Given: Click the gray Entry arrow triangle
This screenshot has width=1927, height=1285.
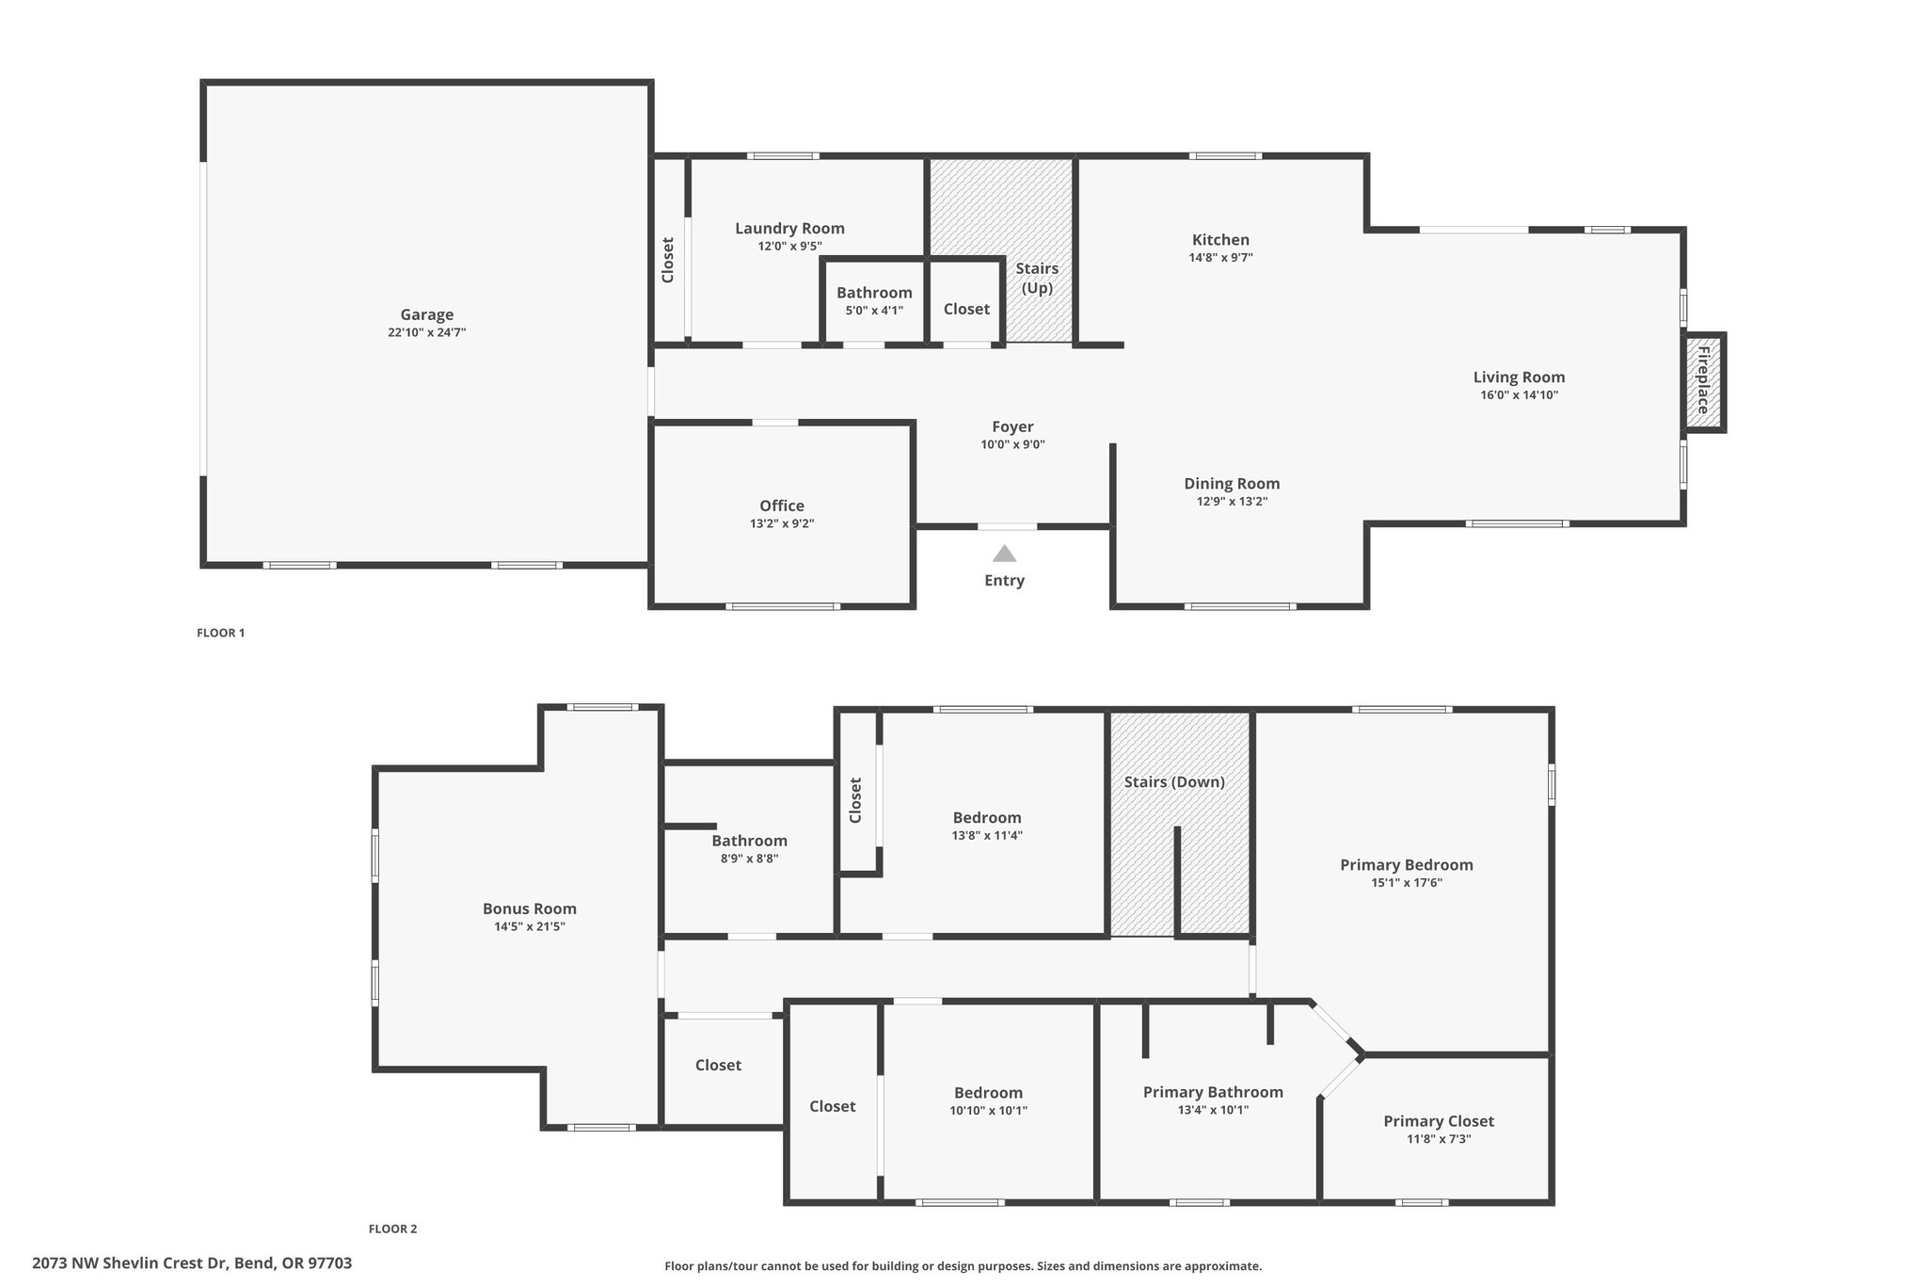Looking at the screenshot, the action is coord(1004,554).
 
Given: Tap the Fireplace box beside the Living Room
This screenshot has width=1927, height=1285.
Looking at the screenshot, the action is coord(1704,381).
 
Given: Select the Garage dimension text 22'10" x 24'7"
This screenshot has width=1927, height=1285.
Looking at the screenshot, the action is coord(426,332).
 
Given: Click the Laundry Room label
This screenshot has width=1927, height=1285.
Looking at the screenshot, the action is coord(789,228).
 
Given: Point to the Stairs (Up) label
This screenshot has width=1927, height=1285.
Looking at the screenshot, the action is coord(1037,278).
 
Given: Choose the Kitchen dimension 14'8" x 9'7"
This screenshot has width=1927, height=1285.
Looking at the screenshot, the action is coord(1220,257).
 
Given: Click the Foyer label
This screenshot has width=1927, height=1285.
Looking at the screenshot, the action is coord(1012,426).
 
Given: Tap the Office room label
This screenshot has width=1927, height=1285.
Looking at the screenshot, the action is coord(782,506).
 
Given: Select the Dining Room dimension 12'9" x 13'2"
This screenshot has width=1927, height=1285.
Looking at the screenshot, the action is coord(1232,502).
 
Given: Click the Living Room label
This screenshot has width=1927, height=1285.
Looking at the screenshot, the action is coord(1519,377).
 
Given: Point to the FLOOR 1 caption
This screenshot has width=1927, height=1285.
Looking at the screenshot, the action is coord(220,633).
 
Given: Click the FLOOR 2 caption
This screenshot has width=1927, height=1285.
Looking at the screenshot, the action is coord(392,1229).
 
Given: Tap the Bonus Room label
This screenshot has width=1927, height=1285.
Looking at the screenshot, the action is coord(529,908).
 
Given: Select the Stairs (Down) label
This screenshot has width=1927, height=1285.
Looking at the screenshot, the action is coord(1174,782).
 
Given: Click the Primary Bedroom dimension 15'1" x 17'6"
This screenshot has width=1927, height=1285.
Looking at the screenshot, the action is coord(1407,883).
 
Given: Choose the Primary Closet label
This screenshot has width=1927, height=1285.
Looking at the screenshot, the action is coord(1439,1121).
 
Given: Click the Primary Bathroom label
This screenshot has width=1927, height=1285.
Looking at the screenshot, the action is coord(1213,1092).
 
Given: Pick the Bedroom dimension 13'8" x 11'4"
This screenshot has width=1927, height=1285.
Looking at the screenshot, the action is coord(987,836).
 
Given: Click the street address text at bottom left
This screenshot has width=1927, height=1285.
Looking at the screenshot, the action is coord(192,1263).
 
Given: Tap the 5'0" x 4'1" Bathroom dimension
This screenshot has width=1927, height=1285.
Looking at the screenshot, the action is coord(874,311).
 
